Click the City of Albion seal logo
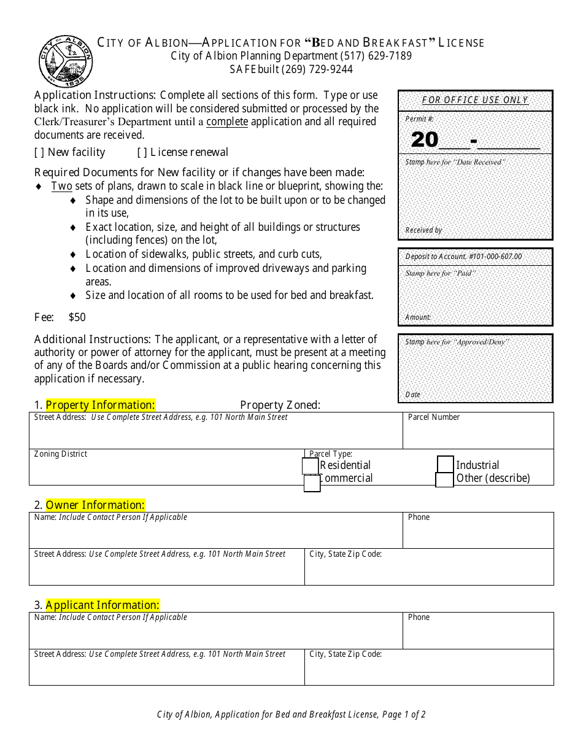point(65,61)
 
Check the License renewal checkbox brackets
point(142,152)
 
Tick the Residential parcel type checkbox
point(311,467)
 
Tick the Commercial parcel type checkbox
point(312,484)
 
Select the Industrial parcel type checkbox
point(446,465)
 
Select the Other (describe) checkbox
point(444,479)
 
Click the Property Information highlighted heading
point(100,405)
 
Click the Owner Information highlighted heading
point(95,505)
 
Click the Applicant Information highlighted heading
point(102,605)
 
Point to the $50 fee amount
point(77,317)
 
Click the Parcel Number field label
point(433,417)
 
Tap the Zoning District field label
point(61,454)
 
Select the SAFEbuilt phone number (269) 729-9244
point(317,69)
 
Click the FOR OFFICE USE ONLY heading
point(475,100)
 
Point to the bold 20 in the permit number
point(425,140)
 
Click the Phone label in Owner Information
point(419,517)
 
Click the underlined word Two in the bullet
point(61,186)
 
